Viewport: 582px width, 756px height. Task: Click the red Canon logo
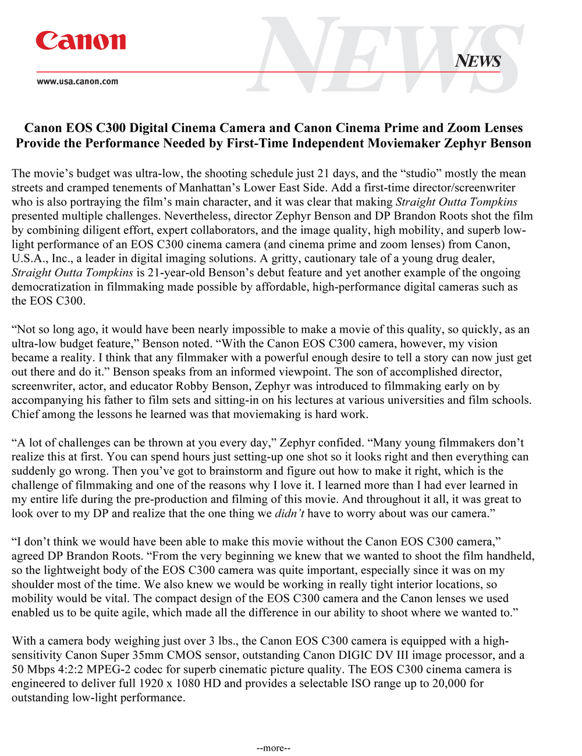click(x=80, y=41)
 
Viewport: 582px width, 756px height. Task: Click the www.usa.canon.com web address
click(x=77, y=81)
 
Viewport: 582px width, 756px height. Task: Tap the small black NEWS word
click(x=478, y=61)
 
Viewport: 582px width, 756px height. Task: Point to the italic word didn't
click(x=289, y=513)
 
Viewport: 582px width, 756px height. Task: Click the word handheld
click(x=510, y=556)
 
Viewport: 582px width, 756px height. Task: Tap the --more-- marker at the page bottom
click(x=274, y=748)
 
